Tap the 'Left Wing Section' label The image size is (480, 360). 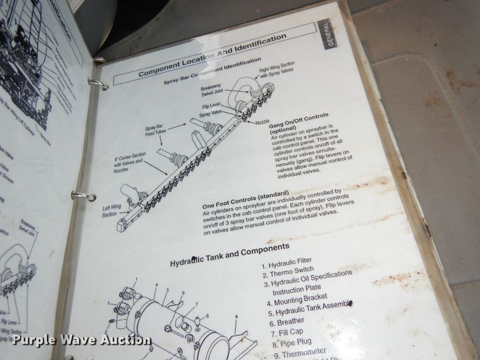(x=112, y=210)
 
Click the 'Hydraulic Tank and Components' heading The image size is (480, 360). (x=232, y=252)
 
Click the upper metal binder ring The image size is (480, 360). (x=97, y=84)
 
